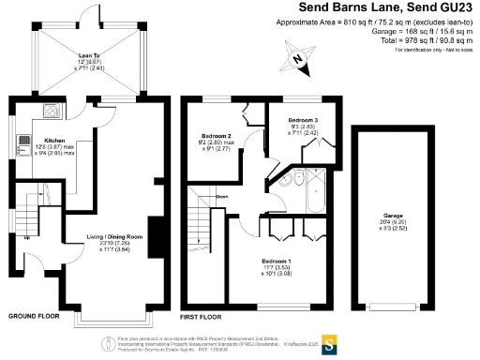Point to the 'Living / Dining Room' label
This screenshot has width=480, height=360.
point(112,237)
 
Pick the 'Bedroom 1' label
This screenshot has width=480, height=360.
point(277,259)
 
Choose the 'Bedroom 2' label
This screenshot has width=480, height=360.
point(216,137)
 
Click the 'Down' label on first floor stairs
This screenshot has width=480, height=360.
point(222,197)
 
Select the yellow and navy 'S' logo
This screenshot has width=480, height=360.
point(329,344)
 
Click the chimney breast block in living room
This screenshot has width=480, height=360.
point(155,232)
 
